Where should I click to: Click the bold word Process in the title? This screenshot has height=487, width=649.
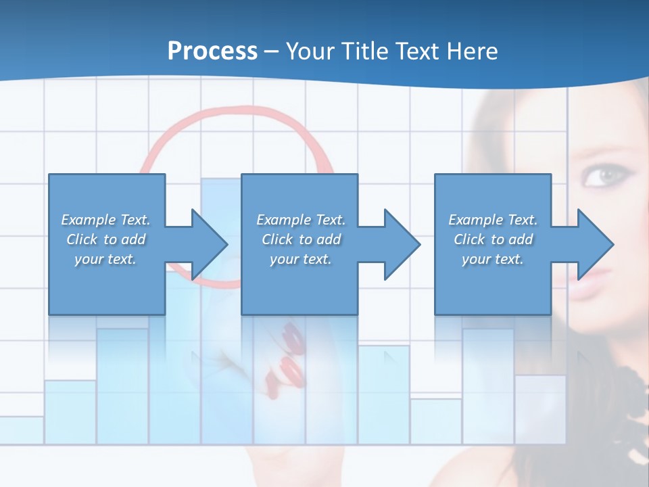(212, 51)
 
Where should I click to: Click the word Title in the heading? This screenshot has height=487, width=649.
(364, 51)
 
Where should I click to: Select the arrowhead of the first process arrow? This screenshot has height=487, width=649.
(210, 244)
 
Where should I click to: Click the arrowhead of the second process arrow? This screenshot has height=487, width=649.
(402, 244)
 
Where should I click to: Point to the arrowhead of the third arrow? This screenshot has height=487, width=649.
(596, 244)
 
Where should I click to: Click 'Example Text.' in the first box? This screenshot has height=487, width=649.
(106, 220)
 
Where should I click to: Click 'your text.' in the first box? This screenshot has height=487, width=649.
(106, 259)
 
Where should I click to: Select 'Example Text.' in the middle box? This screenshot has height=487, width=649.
(301, 220)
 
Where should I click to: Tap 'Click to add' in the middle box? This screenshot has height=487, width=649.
(301, 239)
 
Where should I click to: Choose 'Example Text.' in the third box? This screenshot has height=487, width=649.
(493, 220)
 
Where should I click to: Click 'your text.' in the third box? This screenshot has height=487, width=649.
(493, 259)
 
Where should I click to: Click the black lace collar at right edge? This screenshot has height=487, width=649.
(635, 399)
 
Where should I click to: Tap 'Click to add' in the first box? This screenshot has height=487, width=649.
(106, 239)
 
